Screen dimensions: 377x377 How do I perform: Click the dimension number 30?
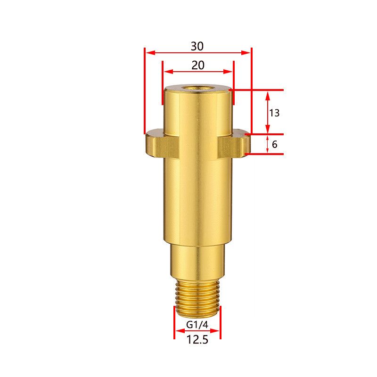[x=197, y=46]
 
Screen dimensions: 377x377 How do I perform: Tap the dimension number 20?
[x=198, y=65]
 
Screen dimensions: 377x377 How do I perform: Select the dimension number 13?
[x=274, y=113]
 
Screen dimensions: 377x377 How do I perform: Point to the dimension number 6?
[x=275, y=144]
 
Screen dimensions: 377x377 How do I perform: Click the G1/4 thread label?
[x=197, y=325]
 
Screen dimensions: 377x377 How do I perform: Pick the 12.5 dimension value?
[x=197, y=340]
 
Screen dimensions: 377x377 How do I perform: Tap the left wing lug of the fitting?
[x=162, y=144]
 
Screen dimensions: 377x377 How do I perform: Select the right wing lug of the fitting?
[x=234, y=144]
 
